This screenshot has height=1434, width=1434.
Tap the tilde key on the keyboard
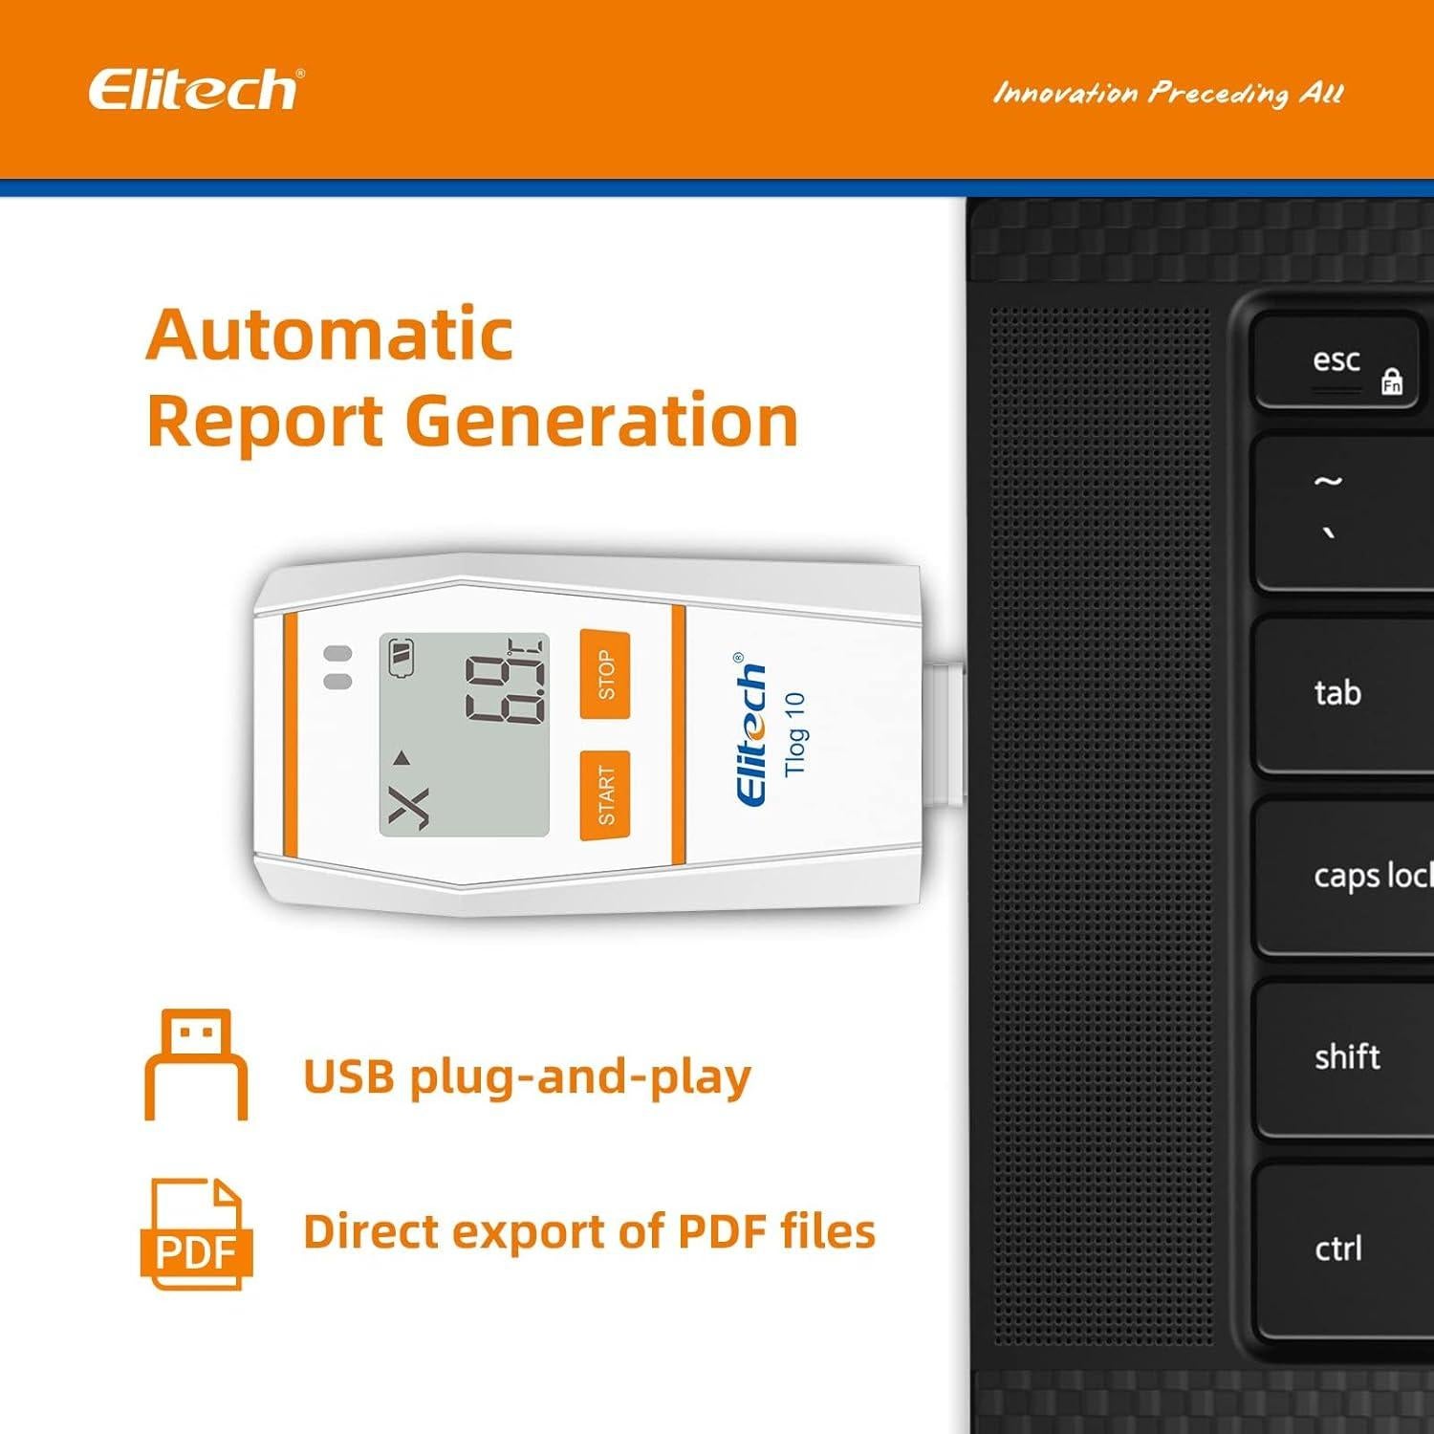coord(1338,511)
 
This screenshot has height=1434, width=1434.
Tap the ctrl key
coord(1338,1248)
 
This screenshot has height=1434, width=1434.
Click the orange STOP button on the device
coord(605,675)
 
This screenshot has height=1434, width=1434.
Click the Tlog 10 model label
coord(795,734)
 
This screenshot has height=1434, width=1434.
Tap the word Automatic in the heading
coord(330,335)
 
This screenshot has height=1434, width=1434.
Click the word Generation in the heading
coord(602,421)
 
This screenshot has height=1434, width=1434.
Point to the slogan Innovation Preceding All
coord(1168,94)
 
